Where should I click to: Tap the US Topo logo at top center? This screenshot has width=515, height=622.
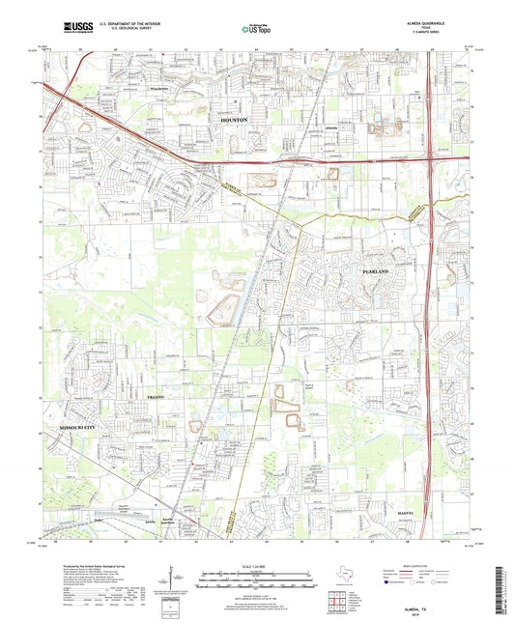pos(256,29)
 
